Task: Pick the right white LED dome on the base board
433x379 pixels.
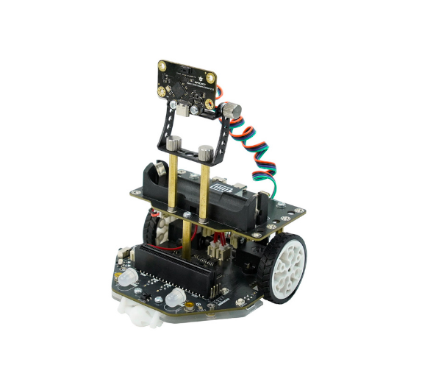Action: (x=175, y=299)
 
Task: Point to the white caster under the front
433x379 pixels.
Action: (x=140, y=314)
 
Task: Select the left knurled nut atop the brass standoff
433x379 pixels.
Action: (x=173, y=144)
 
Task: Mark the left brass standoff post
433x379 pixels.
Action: (x=171, y=184)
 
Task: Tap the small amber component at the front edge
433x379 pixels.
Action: (x=191, y=306)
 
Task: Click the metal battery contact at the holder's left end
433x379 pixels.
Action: (x=157, y=174)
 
